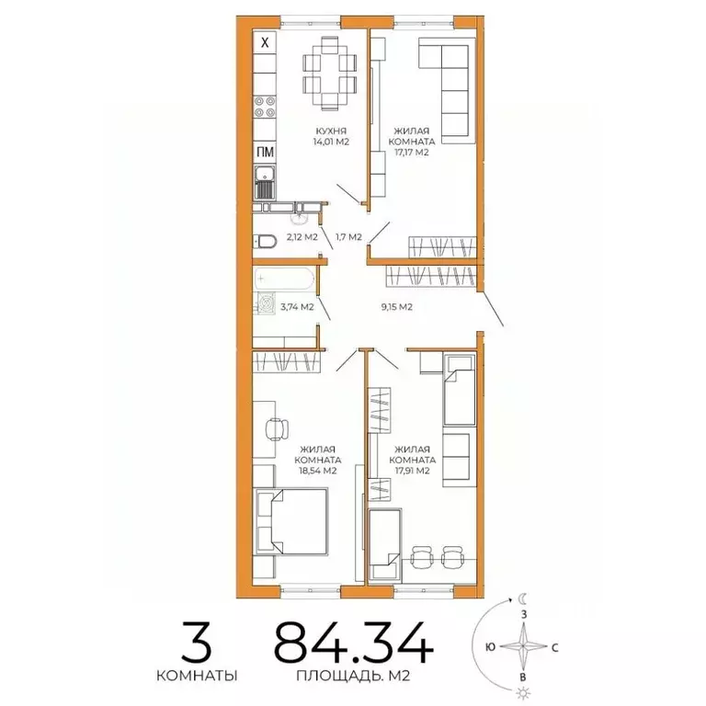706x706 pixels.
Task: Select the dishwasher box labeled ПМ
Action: tap(265, 153)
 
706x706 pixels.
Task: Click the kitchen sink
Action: tap(265, 184)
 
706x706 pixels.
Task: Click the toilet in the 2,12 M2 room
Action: tap(266, 241)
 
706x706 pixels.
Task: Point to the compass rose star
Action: tap(523, 646)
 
